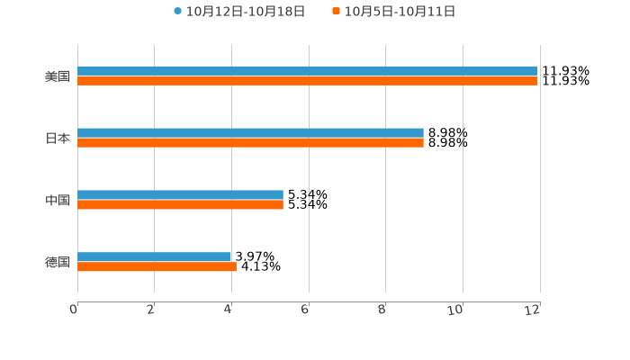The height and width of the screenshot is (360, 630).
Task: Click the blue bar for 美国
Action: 307,71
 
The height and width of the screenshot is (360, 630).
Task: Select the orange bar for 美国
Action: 307,81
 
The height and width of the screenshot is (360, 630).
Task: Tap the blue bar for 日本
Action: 250,133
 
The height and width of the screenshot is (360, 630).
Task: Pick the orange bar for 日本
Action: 250,143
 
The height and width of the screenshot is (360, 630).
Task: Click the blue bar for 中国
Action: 180,195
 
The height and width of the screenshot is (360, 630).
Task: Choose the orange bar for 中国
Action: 180,205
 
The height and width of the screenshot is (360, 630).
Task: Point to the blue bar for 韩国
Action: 154,257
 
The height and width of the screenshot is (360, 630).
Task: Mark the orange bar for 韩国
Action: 157,267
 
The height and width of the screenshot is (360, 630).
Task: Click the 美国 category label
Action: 58,76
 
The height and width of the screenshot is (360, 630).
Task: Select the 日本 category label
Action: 58,139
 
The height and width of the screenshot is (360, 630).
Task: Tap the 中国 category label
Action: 58,201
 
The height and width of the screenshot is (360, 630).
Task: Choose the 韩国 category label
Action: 58,263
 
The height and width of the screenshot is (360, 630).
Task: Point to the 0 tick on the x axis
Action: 74,310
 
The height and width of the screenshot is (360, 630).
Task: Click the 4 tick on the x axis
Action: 229,310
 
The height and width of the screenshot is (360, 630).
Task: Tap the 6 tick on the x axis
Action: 305,310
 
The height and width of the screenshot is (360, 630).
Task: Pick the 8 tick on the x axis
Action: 382,310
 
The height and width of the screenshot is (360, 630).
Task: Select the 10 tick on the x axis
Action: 455,310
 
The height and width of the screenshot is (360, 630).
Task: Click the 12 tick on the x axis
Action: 533,310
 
